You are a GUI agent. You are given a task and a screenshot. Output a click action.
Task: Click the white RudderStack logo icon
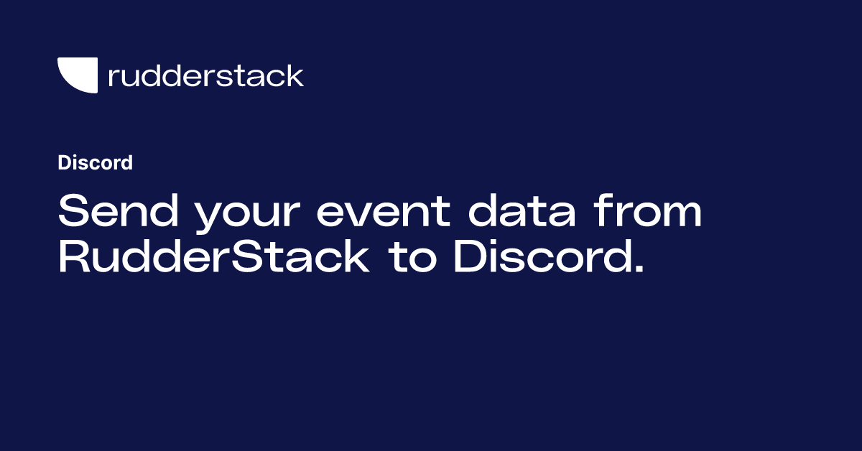(x=78, y=75)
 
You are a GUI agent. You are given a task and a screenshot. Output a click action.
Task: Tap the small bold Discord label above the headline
(x=95, y=163)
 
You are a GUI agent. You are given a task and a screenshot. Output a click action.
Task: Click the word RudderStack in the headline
(x=213, y=258)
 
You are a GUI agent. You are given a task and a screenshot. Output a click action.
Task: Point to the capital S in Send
(x=73, y=212)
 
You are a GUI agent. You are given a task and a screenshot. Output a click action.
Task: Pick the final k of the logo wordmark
(x=295, y=75)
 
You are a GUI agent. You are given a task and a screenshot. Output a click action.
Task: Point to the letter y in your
(x=209, y=218)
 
